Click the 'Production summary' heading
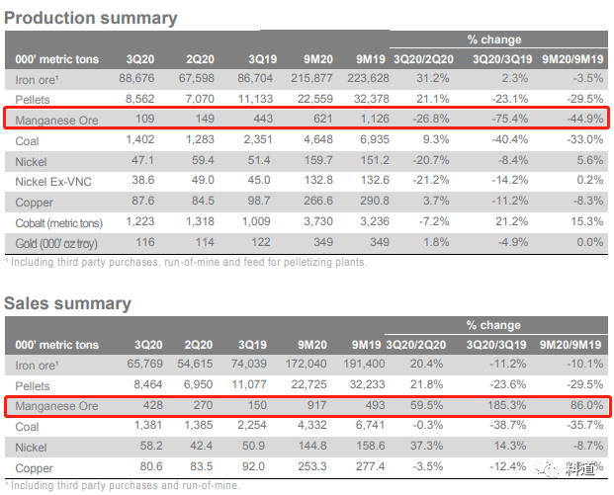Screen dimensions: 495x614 (x=92, y=18)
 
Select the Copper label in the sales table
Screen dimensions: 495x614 (x=35, y=466)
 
